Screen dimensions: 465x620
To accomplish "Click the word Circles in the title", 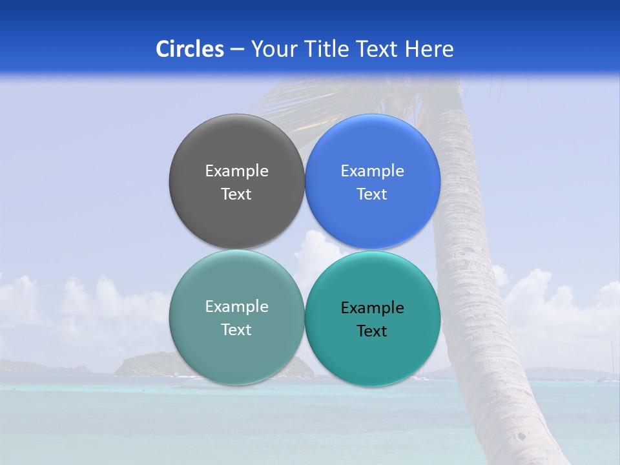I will (189, 49).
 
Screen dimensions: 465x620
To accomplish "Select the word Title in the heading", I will (331, 49).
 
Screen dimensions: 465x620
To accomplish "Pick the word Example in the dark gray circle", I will (236, 171).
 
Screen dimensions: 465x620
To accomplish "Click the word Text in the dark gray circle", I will (236, 194).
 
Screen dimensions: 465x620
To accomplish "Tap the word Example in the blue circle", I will (372, 171).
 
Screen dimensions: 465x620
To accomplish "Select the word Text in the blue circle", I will (372, 194).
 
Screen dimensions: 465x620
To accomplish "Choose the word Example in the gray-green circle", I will (236, 307).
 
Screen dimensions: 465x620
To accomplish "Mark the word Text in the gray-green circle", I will (236, 330).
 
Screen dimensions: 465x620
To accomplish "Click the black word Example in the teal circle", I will (372, 308).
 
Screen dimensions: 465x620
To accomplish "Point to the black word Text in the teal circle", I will (372, 331).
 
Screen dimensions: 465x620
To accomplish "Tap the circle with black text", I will (372, 362).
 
